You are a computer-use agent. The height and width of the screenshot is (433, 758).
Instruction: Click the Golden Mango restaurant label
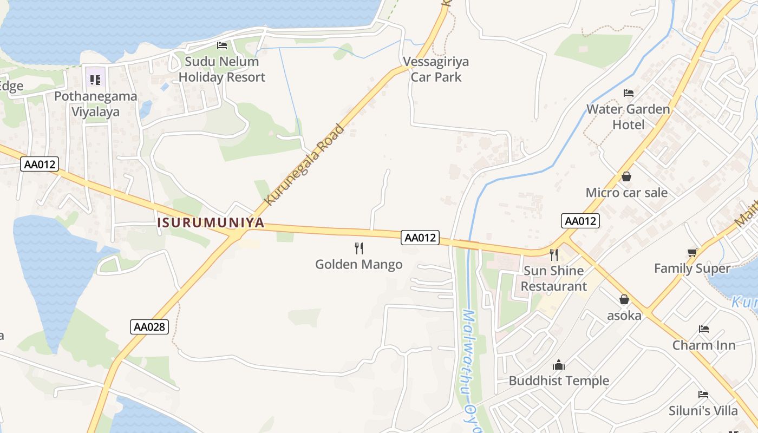click(x=359, y=264)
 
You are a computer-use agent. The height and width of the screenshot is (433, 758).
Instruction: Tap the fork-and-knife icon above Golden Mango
click(x=359, y=248)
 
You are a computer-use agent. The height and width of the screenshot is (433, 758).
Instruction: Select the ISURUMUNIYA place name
click(x=211, y=222)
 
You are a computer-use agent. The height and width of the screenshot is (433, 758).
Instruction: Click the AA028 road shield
click(x=150, y=326)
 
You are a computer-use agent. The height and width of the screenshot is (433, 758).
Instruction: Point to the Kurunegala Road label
click(x=305, y=165)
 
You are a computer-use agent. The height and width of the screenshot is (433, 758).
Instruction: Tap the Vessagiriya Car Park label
click(x=436, y=69)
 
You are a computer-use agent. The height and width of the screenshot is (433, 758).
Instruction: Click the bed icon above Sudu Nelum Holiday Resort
click(x=222, y=45)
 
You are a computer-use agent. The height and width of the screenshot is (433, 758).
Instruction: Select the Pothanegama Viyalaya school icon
click(x=95, y=81)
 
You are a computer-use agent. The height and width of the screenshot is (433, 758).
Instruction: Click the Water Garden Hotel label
click(x=628, y=117)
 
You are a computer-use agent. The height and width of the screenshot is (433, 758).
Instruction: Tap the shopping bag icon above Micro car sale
click(x=626, y=176)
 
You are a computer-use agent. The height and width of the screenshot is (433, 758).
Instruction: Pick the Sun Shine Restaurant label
click(x=554, y=278)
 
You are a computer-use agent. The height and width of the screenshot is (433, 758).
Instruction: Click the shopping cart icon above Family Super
click(x=692, y=252)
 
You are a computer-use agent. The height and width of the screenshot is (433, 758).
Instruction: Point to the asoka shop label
click(x=624, y=315)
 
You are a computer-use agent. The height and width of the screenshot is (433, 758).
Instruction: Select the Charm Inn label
click(x=704, y=345)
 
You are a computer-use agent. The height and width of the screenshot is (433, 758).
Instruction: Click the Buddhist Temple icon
click(x=559, y=365)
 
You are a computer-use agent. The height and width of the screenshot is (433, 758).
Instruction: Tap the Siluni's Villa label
click(x=703, y=410)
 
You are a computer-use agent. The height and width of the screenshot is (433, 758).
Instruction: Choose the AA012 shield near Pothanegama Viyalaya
click(x=40, y=164)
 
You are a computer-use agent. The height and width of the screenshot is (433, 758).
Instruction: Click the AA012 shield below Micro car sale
click(x=581, y=220)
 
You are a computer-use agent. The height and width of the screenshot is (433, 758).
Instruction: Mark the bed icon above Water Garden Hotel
click(x=629, y=93)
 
